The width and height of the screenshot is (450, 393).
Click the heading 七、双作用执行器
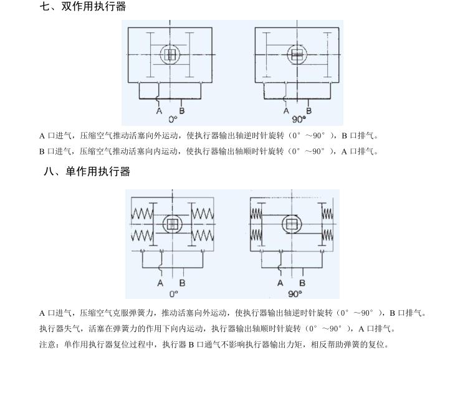[83, 6]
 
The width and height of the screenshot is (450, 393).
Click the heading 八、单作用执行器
[87, 171]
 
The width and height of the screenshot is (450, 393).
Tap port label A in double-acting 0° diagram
[160, 111]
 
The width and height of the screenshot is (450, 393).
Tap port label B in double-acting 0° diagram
[181, 111]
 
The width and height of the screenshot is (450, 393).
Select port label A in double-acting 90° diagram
[286, 111]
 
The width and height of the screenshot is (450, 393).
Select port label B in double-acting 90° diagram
[309, 111]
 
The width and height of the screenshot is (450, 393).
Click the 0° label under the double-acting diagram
[173, 120]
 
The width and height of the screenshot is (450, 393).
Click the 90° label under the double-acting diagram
[299, 120]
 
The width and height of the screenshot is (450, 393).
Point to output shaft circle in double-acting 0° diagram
[170, 45]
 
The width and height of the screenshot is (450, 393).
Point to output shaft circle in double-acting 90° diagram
[297, 45]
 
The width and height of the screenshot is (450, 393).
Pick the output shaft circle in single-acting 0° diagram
[173, 215]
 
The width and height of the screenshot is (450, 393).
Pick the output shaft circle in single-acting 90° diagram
[292, 215]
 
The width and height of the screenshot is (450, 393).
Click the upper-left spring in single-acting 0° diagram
[142, 214]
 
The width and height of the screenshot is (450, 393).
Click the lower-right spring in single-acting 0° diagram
[203, 236]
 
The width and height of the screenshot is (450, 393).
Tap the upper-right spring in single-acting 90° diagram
[327, 214]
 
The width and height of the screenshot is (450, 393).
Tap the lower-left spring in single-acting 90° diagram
[256, 235]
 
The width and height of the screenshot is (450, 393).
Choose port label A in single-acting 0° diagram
[160, 283]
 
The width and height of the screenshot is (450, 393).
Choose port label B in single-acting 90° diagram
[302, 283]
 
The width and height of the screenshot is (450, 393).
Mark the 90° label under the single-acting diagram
[295, 294]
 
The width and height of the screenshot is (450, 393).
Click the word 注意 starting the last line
[47, 344]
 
